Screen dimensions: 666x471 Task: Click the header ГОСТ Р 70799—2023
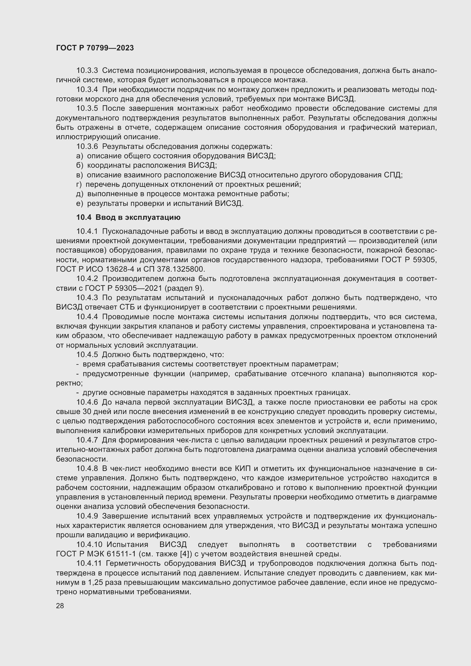pos(95,48)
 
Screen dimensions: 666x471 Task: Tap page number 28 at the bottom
pos(60,606)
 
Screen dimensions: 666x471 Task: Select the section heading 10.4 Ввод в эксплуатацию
pos(128,217)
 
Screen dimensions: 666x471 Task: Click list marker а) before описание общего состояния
pos(79,156)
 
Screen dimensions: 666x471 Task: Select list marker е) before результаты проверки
pos(79,204)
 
